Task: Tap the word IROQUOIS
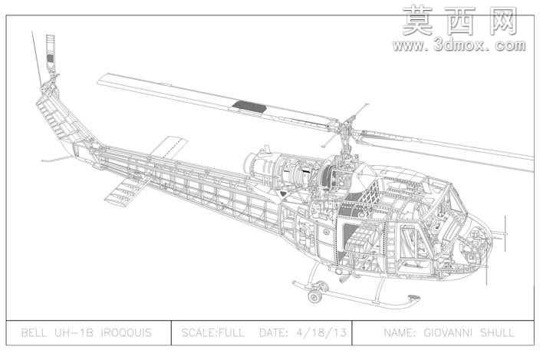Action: [x=127, y=333]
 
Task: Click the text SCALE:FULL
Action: [x=212, y=333]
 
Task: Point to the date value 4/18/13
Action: [x=321, y=333]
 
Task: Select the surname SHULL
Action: [x=497, y=333]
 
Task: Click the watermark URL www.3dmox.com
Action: [x=459, y=46]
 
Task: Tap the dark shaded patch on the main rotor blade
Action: [x=249, y=107]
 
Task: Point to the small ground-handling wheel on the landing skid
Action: [x=314, y=296]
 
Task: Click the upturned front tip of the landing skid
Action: [x=413, y=299]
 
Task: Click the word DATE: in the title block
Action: [x=274, y=333]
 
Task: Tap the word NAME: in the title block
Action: [x=400, y=333]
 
